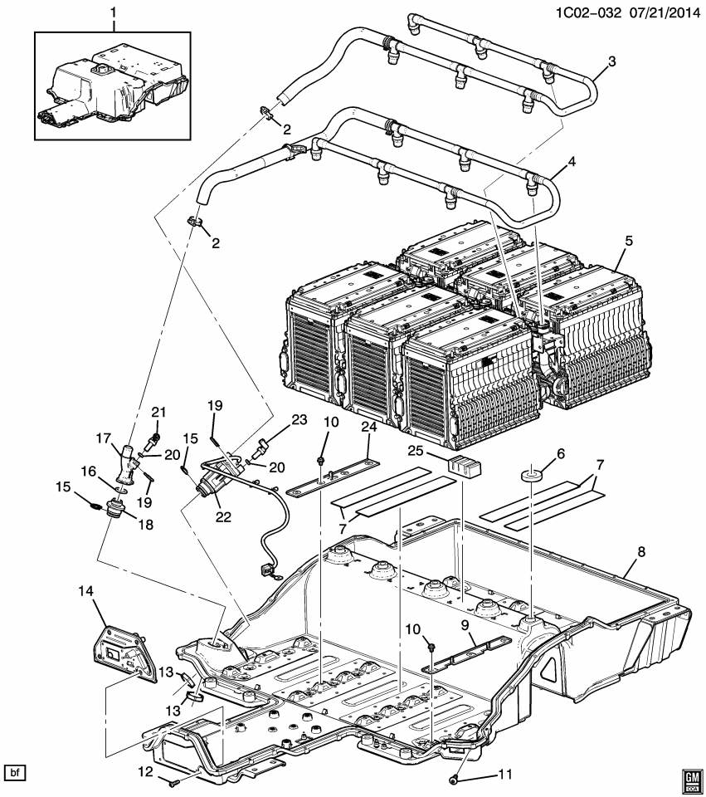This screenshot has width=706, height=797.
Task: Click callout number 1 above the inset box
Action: [x=114, y=13]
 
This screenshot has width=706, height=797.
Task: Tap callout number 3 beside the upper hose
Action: [x=611, y=61]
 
